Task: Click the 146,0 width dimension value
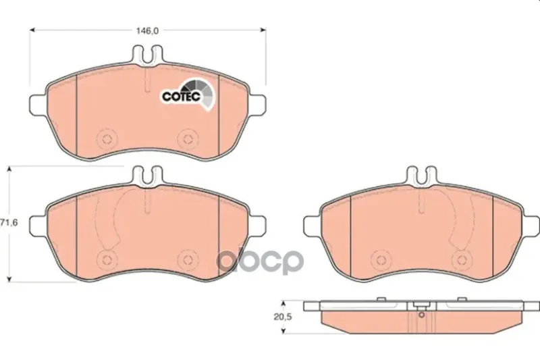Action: (147, 30)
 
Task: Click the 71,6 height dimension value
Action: (9, 222)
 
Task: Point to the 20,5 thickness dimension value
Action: (282, 317)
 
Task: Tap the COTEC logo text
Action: (182, 97)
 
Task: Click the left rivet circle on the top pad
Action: (107, 139)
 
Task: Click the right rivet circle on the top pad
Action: (188, 139)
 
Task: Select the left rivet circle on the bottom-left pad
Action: (107, 259)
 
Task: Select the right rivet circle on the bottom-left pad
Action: (188, 259)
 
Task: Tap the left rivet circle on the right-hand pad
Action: (381, 260)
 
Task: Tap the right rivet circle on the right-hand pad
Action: (462, 260)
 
